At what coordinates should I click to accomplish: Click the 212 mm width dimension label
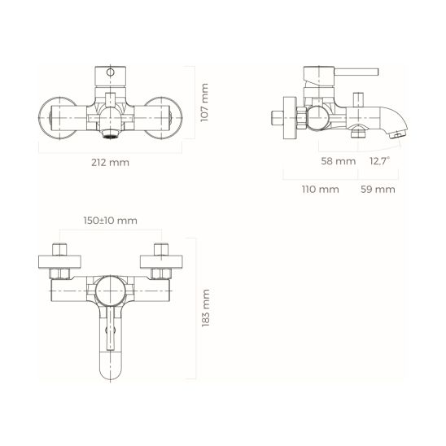tap(111, 162)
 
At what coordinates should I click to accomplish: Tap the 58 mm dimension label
tap(339, 162)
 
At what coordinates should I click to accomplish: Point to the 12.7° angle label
tap(379, 162)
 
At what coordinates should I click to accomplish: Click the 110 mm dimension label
tap(320, 190)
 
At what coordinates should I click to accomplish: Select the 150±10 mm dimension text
tap(110, 221)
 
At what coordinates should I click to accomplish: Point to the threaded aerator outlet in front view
tap(111, 129)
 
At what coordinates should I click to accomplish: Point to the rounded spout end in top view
tap(111, 371)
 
